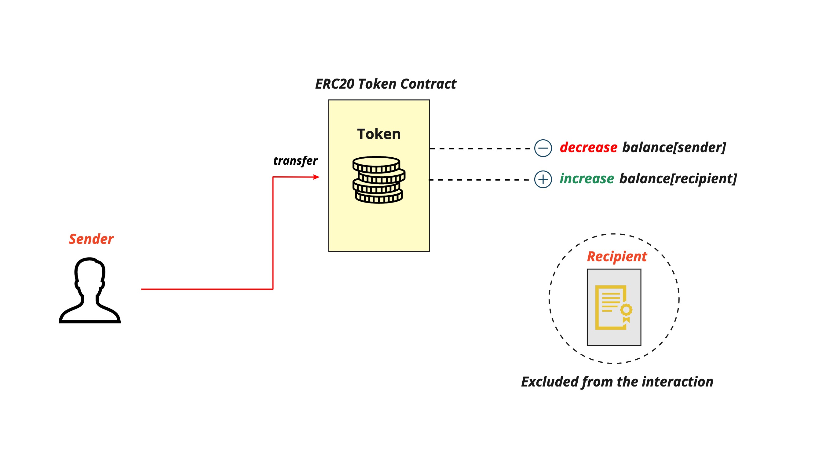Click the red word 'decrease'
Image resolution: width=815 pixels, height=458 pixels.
click(588, 148)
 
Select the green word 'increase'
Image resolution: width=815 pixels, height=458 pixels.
click(587, 179)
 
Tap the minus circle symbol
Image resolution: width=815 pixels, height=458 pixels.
click(543, 148)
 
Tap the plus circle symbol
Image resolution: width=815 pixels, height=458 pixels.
click(543, 179)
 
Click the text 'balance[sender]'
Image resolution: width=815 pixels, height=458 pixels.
click(674, 148)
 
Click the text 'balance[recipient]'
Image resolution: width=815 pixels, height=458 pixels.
click(678, 179)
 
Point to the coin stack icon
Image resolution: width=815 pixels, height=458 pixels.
click(379, 180)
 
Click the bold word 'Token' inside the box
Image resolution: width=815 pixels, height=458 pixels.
click(379, 134)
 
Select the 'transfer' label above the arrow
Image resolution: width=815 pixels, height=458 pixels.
click(295, 161)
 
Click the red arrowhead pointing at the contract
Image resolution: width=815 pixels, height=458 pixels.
click(316, 177)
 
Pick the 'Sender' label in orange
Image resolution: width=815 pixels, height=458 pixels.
click(91, 239)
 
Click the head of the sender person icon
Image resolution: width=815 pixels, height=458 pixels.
click(90, 272)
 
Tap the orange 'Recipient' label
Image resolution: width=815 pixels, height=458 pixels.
click(617, 256)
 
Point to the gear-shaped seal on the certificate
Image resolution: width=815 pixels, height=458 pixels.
click(626, 310)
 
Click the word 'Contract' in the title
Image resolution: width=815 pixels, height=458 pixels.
click(428, 84)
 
